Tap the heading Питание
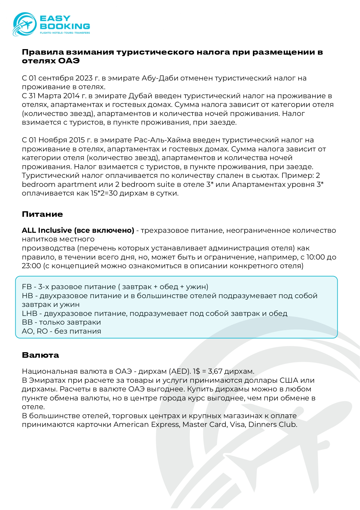tap(42, 214)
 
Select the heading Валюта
tap(40, 355)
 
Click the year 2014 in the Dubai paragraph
tap(71, 96)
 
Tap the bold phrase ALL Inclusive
tap(47, 230)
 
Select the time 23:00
tap(31, 266)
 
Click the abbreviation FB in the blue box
tap(27, 287)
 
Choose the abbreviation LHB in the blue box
tap(30, 314)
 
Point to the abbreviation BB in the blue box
tap(27, 322)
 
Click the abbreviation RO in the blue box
tap(42, 331)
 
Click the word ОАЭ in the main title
tap(69, 61)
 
